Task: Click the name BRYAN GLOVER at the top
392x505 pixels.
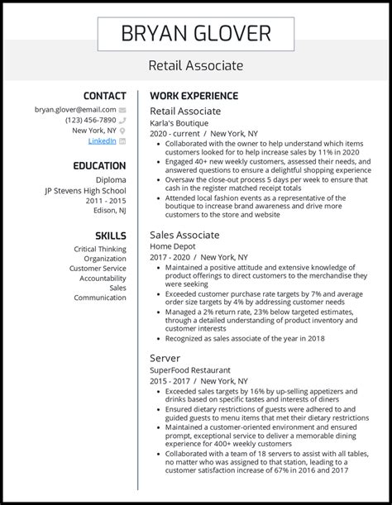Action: point(196,33)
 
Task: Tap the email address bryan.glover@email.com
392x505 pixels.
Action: point(74,109)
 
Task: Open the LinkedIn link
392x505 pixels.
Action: point(102,141)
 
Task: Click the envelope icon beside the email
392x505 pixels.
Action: point(122,109)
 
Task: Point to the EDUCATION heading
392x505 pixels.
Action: point(98,166)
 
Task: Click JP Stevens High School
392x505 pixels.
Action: point(85,189)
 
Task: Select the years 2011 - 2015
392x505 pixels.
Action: point(104,200)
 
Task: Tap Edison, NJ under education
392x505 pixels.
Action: point(106,211)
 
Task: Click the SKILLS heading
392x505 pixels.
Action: point(111,236)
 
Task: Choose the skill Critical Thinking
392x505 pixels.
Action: point(100,249)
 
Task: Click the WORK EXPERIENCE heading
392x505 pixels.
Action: point(194,96)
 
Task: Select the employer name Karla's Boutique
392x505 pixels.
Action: point(179,121)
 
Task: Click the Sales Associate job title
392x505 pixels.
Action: point(185,236)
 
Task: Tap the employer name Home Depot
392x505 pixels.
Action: point(173,246)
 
